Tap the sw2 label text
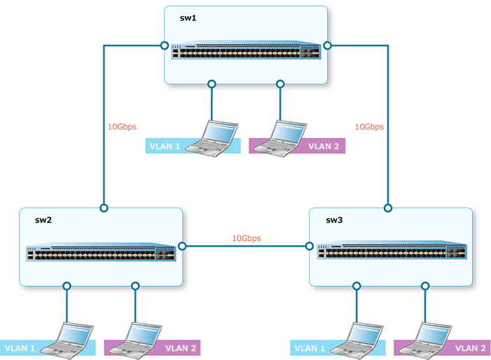tap(43, 220)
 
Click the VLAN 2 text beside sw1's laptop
tap(324, 147)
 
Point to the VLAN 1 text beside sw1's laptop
tap(165, 147)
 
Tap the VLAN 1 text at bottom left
tap(20, 348)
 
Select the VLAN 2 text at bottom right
tap(471, 348)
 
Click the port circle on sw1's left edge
tap(165, 46)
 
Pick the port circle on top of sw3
tap(388, 208)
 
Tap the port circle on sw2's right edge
tap(182, 246)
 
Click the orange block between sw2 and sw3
tap(246, 219)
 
